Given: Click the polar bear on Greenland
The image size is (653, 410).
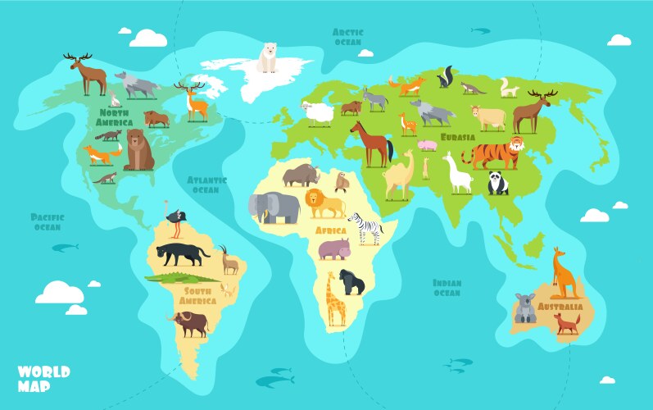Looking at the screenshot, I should pos(268,58).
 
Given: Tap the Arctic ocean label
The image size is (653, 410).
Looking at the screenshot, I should pos(347,37).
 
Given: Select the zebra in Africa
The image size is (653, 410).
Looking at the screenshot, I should pos(365,227).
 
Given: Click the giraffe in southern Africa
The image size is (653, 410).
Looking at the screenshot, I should pos(334,298).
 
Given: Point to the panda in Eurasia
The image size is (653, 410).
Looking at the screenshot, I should pos(498,183).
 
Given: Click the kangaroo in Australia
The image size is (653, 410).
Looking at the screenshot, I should pos(564,273).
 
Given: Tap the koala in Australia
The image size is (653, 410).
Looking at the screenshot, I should pos(524,307).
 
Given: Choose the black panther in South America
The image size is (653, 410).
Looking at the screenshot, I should pos(183,254).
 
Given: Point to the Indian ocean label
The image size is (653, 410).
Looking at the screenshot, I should pos(447,288).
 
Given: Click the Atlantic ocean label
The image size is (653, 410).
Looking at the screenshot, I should pos(205,184).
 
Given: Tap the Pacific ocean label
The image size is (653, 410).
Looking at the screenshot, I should pos(48,221).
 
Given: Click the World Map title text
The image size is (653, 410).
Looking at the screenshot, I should pos(43,378).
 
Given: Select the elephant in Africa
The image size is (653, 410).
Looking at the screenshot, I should pos(274,207).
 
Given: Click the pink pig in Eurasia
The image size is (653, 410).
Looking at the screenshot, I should pos(427,145).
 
